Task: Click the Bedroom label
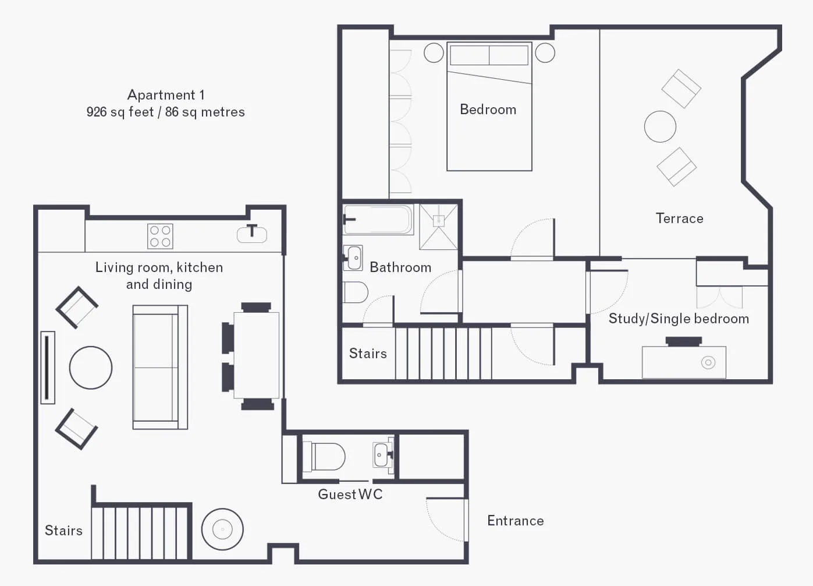click(488, 110)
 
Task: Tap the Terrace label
click(679, 218)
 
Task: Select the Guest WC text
click(350, 494)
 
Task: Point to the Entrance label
click(516, 521)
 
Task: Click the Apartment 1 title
click(166, 95)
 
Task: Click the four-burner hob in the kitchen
click(160, 236)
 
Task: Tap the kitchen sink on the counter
click(252, 234)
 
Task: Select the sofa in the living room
click(160, 367)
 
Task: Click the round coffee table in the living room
click(91, 368)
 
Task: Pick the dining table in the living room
click(256, 355)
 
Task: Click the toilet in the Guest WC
click(324, 456)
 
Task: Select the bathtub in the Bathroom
click(378, 220)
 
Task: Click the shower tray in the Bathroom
click(438, 227)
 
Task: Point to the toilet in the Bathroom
click(356, 292)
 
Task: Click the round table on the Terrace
click(660, 126)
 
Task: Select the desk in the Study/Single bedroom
click(684, 362)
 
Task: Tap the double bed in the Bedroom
click(489, 107)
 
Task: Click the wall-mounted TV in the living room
click(47, 368)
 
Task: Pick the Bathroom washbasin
click(353, 258)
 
